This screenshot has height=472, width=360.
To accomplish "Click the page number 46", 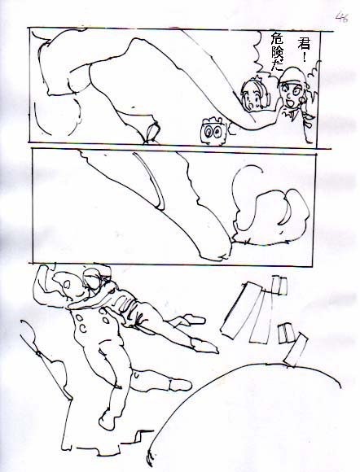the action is click(x=342, y=17).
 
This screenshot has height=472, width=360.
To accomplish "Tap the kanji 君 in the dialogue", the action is click(x=303, y=43).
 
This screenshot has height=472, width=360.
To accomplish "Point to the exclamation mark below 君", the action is click(x=305, y=57).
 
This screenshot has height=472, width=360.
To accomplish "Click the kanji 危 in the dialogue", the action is click(x=278, y=39).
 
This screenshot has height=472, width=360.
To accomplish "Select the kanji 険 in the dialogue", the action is click(x=278, y=54).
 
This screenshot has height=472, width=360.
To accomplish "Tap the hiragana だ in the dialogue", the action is click(x=277, y=67).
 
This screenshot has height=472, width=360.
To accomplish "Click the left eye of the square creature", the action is click(x=208, y=132).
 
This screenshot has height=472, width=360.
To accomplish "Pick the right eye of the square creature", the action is click(x=217, y=132).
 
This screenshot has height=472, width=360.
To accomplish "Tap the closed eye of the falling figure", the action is click(x=79, y=295).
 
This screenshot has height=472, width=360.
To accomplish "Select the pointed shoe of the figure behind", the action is click(x=205, y=346).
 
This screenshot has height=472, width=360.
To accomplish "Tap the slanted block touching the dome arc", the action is click(x=296, y=350).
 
